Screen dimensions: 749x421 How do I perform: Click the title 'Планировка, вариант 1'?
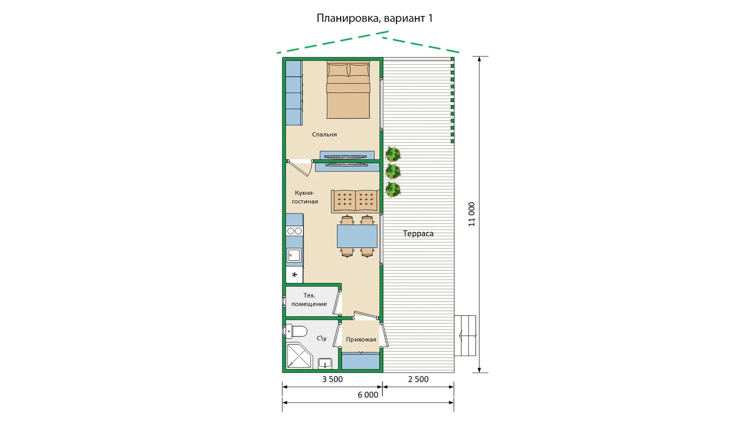point(374,18)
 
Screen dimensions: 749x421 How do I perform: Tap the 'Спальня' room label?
point(325,135)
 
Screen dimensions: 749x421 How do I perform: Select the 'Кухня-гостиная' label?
point(305,197)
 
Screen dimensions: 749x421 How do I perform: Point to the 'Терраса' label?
point(418,233)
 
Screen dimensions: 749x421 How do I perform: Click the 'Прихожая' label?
point(361,339)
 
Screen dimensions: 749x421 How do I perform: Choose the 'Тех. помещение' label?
point(309,300)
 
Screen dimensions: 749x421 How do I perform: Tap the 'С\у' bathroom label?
point(322,338)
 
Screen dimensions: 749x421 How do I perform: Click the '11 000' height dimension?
point(472,214)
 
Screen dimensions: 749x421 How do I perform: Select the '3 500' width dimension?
point(333,379)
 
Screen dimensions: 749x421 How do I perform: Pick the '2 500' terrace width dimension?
point(418,379)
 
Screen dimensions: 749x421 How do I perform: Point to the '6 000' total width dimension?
point(368,395)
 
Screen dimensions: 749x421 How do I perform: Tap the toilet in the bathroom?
point(296,332)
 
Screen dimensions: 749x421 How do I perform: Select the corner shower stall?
point(299,356)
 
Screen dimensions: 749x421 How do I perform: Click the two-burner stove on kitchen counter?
point(295,231)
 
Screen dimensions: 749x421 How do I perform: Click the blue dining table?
point(357,236)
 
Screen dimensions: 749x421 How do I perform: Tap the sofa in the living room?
point(355,201)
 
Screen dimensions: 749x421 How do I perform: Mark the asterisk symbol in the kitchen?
point(294,275)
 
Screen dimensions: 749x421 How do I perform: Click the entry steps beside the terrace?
point(465,335)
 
